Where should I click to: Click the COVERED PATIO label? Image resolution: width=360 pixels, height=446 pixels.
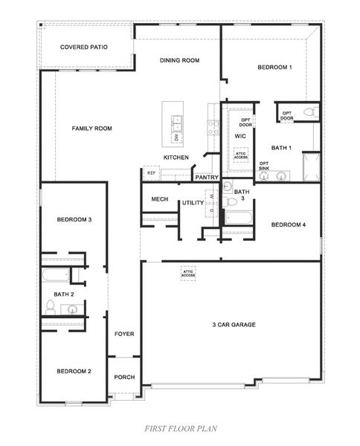(x=84, y=47)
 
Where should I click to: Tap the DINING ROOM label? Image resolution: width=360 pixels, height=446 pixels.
(x=180, y=60)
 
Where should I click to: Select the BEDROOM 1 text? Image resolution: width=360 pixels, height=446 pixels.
(x=274, y=68)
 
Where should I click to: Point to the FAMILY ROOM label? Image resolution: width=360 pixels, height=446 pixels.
(x=91, y=129)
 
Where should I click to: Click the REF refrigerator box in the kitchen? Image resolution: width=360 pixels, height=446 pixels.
(x=151, y=173)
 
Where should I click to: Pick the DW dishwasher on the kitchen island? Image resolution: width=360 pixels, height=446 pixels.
(x=176, y=137)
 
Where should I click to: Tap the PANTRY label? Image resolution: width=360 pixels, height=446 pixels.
(x=205, y=178)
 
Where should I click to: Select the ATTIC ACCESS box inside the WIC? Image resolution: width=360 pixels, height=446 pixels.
(x=241, y=155)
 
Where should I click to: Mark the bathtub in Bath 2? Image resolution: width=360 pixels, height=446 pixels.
(x=55, y=276)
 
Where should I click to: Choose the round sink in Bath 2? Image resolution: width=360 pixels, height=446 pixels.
(x=73, y=309)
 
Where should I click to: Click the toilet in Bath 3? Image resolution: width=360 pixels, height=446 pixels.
(x=231, y=201)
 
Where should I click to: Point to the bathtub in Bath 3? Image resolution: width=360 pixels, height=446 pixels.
(x=239, y=219)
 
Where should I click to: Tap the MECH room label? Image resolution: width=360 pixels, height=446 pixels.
(x=159, y=199)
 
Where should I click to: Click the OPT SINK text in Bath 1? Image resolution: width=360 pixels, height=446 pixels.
(x=264, y=166)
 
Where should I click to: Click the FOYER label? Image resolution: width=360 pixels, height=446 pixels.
(x=124, y=334)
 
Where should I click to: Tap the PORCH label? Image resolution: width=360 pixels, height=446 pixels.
(x=124, y=377)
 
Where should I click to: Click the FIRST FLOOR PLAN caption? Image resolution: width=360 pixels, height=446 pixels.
(x=179, y=429)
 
